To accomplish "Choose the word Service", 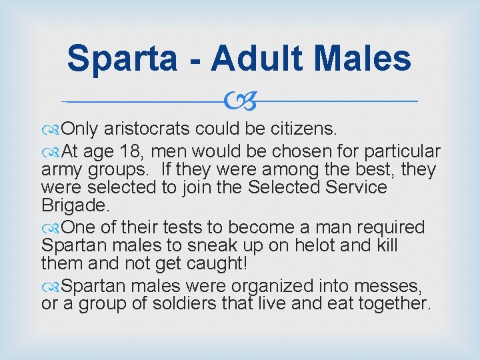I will pyautogui.click(x=351, y=188).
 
